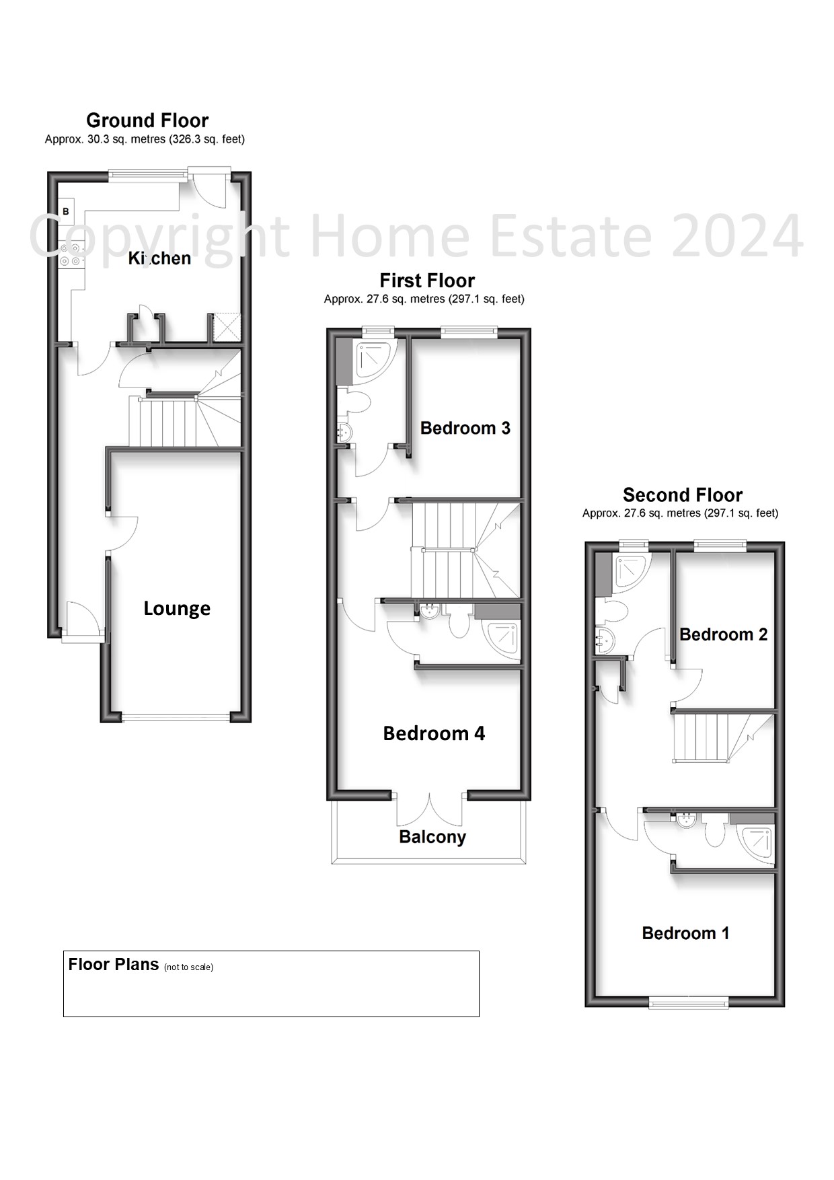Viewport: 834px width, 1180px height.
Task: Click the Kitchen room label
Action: [159, 258]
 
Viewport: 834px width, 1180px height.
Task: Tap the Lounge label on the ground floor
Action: [177, 609]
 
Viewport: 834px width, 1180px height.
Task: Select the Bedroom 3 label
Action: [465, 428]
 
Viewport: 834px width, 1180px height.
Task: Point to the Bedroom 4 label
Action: [434, 733]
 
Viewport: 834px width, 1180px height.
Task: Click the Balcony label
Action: [432, 837]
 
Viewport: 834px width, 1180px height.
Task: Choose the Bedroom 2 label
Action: [723, 634]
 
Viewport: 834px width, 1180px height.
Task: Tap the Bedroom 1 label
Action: [685, 933]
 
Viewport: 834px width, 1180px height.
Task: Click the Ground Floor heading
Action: [147, 120]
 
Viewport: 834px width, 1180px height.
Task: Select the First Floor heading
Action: [427, 281]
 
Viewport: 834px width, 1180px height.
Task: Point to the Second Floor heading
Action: [683, 495]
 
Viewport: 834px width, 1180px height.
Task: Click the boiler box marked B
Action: [66, 211]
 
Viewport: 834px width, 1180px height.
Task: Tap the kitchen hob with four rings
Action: [71, 254]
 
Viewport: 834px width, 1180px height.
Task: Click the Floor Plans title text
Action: [114, 964]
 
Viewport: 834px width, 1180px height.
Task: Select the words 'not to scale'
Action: [188, 967]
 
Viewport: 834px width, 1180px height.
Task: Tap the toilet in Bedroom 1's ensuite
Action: [716, 832]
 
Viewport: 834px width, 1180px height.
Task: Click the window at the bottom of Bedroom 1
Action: [689, 1003]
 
